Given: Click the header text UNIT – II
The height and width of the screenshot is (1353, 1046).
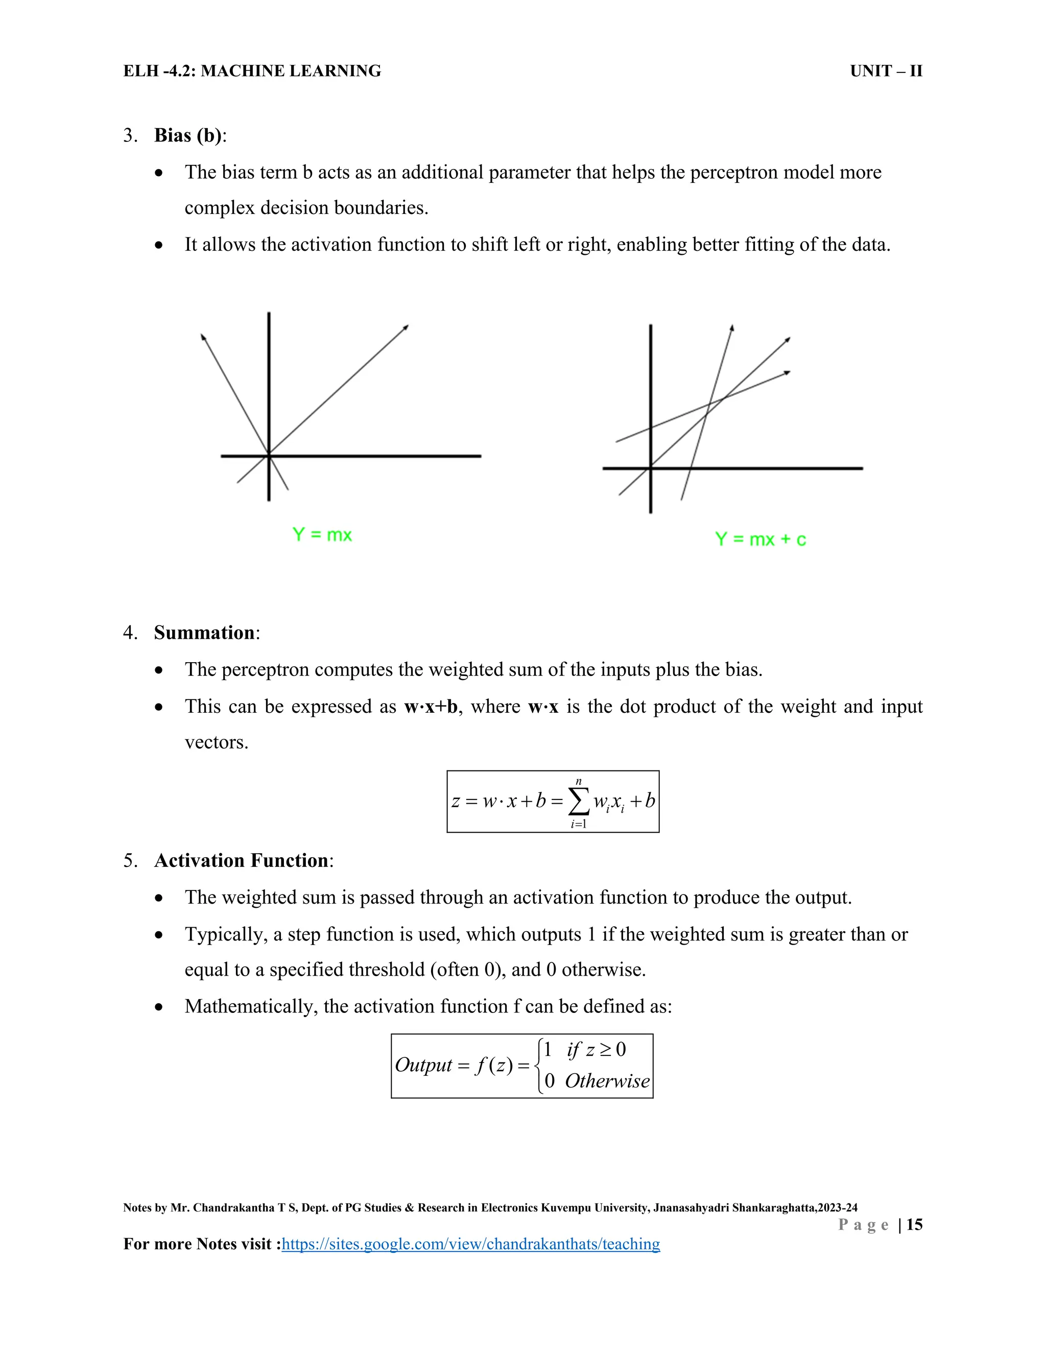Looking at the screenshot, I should click(886, 71).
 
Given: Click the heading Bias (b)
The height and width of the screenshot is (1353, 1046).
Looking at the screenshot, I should click(188, 135).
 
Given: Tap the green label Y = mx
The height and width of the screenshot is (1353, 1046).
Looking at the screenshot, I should click(322, 535).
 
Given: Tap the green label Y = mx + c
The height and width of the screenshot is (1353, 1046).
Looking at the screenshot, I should click(760, 539).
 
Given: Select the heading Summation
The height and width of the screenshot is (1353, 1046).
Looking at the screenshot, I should click(204, 633).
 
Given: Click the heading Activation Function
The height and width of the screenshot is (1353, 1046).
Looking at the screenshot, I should click(241, 860).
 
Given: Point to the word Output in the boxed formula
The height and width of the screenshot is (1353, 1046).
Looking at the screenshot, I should click(423, 1065).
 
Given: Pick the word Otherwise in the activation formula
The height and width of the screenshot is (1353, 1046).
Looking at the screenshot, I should click(607, 1081).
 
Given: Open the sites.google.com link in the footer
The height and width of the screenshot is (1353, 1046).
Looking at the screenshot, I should click(470, 1244).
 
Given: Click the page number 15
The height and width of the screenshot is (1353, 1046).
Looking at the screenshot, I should click(914, 1224).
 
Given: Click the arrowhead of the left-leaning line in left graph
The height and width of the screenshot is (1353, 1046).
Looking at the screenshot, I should click(203, 336).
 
